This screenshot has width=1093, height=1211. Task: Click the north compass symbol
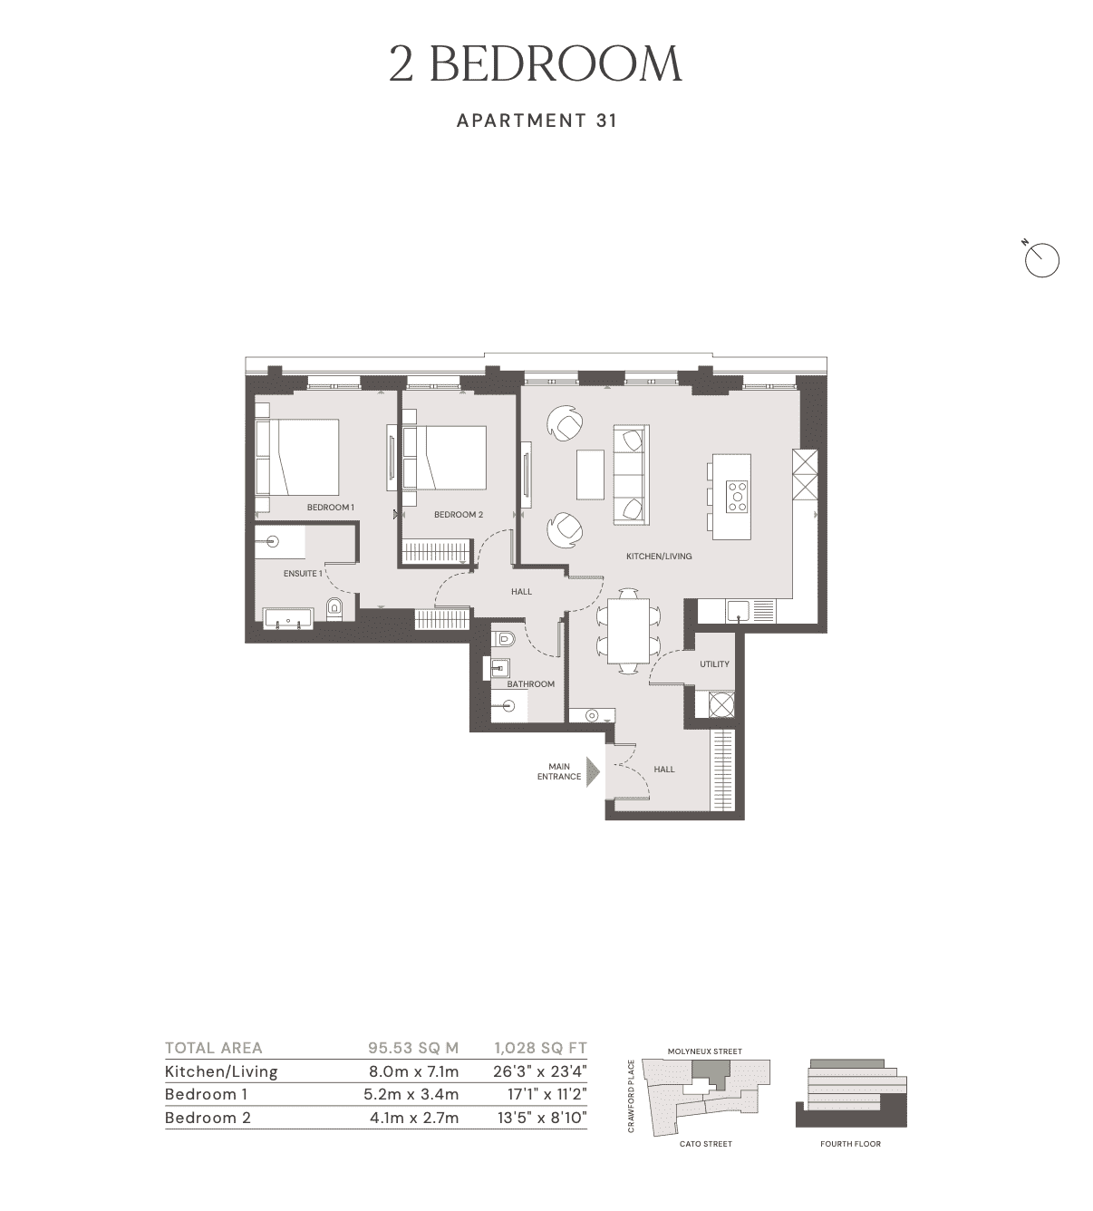point(1042,260)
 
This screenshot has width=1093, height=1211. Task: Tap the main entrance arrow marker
point(593,772)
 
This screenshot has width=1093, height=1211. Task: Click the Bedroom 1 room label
point(330,507)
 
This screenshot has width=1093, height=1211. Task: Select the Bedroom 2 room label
point(458,515)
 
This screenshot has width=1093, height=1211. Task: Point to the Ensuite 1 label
point(303,573)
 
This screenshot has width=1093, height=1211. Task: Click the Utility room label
point(714,664)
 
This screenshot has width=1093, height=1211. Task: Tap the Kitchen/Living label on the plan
point(659,556)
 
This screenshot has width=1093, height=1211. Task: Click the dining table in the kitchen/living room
point(628,630)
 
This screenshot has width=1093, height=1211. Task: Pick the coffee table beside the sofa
point(592,474)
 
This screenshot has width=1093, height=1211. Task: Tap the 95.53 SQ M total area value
point(413,1048)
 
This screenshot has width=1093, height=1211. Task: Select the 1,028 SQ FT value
point(540,1048)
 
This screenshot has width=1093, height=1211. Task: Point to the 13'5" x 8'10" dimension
point(540,1118)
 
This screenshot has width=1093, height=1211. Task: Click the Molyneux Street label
point(704,1051)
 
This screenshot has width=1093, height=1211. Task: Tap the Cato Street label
point(705,1144)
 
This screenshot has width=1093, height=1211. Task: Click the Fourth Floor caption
point(850,1144)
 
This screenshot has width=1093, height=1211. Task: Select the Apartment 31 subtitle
point(537,120)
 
